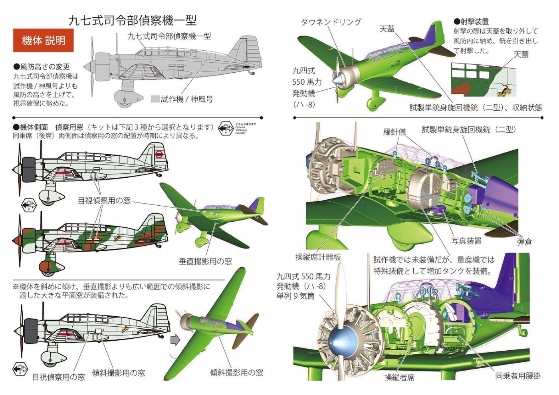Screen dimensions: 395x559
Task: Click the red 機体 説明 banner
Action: coord(43,40)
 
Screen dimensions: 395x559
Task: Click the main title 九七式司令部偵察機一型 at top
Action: coord(132,20)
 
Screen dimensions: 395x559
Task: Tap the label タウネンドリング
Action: coord(331,22)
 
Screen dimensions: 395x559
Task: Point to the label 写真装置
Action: coord(466,241)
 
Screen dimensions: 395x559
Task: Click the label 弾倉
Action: coord(524,242)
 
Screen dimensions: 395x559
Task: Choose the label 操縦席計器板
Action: coord(318,257)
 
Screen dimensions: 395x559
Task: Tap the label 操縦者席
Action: coord(399,377)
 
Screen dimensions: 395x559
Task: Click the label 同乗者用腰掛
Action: coord(518,376)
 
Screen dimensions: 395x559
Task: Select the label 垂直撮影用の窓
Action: coord(205,261)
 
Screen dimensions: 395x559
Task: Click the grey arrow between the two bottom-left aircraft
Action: coord(175,340)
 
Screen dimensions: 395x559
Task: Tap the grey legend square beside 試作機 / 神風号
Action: coord(155,99)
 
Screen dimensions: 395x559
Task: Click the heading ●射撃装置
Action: coord(471,22)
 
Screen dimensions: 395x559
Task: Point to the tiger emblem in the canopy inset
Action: coord(502,91)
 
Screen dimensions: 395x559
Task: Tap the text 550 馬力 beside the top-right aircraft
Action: coord(307,82)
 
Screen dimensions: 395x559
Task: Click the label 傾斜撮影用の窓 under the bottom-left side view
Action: coord(118,373)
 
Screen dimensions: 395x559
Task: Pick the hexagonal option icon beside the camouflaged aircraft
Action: coord(29,205)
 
